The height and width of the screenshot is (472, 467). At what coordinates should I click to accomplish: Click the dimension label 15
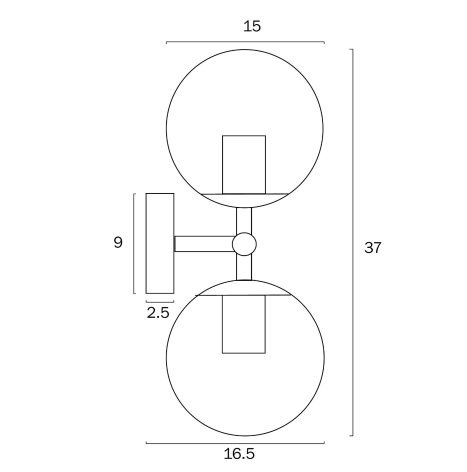point(251,26)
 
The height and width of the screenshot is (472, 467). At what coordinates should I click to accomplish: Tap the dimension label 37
point(373,247)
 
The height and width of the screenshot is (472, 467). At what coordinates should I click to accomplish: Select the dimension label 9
point(118,242)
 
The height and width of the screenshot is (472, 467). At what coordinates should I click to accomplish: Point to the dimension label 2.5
point(158,313)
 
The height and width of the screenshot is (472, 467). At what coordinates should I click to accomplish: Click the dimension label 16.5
point(239,453)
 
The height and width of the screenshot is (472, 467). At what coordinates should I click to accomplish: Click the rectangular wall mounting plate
point(160,243)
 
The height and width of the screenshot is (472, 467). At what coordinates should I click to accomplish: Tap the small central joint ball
point(244,244)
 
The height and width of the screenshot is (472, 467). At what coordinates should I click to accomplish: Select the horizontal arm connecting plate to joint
point(204,244)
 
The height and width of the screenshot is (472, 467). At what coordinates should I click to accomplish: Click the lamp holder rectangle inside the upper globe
point(244,164)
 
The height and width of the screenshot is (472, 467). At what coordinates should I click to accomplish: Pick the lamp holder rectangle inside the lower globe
point(243,324)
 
